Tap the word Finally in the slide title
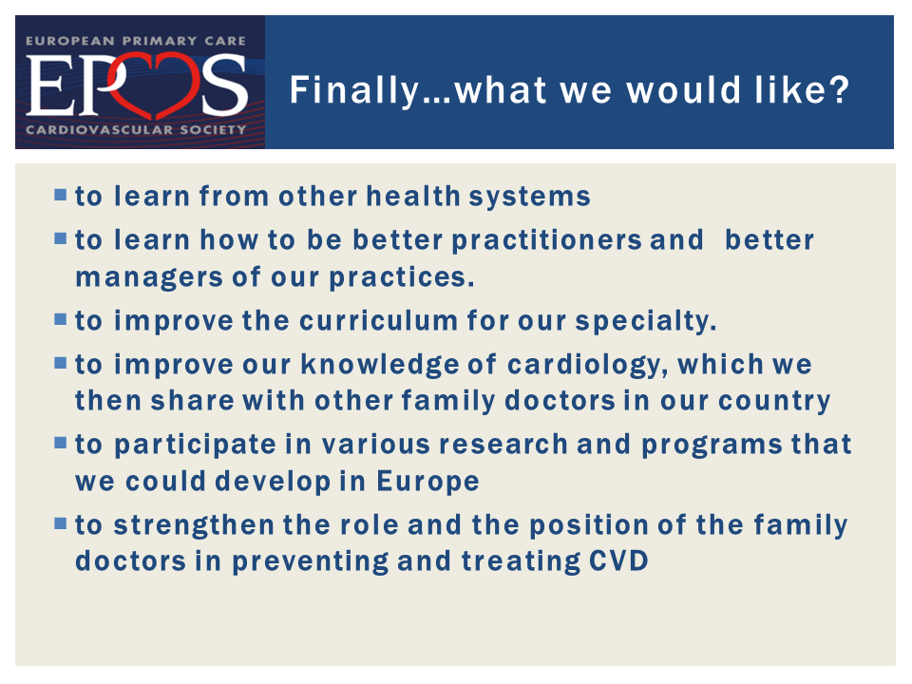pos(354,91)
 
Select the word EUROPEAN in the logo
pos(70,41)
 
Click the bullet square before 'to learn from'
pos(61,194)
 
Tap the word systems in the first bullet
pos(530,198)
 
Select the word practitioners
pos(546,241)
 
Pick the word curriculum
pos(379,321)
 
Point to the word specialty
pos(646,322)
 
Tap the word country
pos(774,402)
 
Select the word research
pos(503,445)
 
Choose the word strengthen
pos(194,525)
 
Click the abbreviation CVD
pos(618,561)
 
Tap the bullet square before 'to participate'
pos(61,443)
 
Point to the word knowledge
pos(380,365)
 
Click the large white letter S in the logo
pos(225,85)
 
